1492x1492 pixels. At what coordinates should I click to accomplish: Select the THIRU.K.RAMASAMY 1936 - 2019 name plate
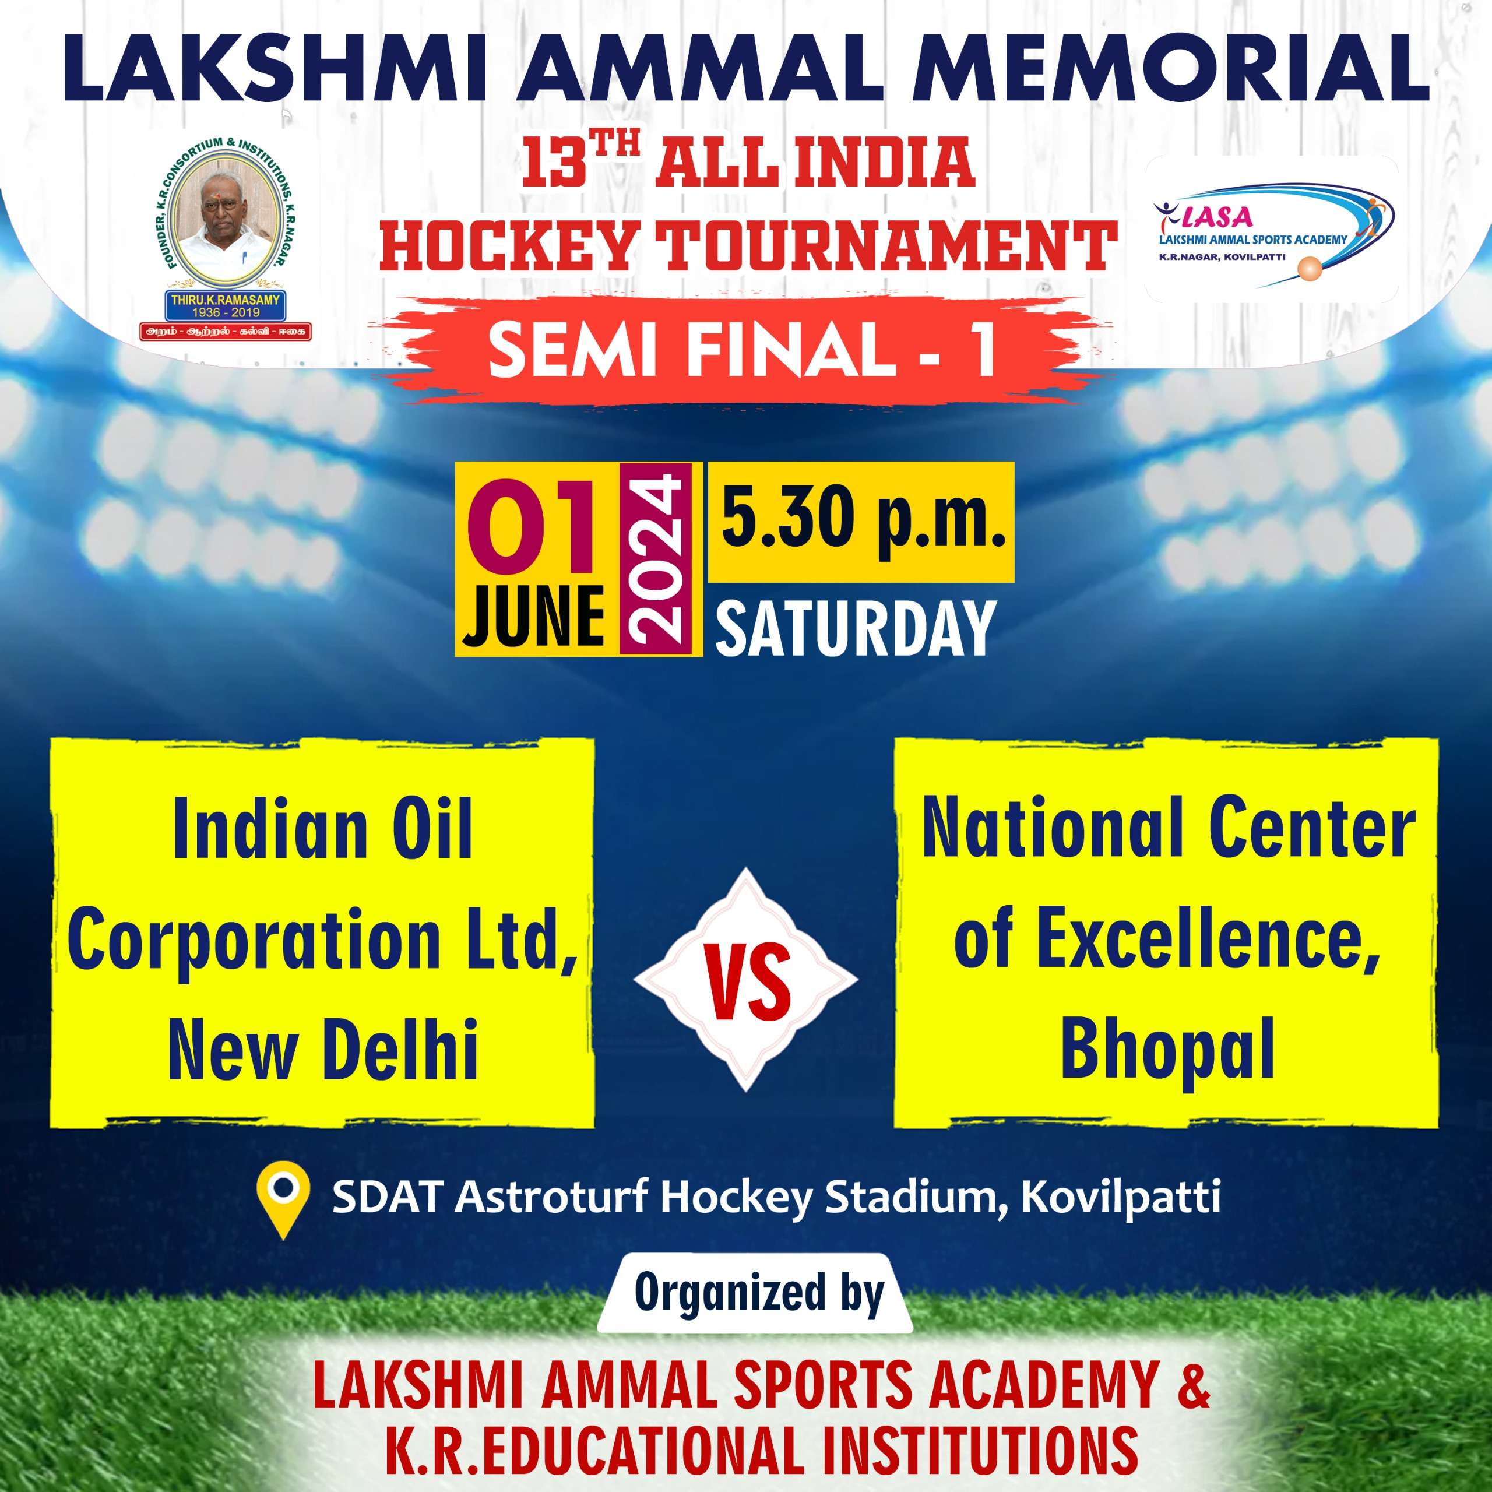226,307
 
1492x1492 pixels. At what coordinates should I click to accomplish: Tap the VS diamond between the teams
745,980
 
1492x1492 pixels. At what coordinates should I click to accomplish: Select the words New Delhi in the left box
323,1048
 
